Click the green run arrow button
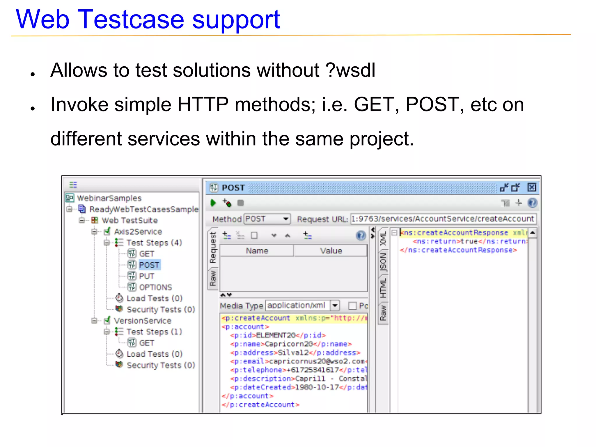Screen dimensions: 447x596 213,203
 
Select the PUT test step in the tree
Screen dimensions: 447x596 146,276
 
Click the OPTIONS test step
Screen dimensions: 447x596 155,287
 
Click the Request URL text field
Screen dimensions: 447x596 443,219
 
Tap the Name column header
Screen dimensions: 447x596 257,251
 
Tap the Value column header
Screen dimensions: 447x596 331,251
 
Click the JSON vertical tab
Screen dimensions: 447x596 383,262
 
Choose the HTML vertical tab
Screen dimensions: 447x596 383,288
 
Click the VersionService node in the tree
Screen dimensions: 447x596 142,321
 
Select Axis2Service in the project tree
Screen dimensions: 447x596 138,232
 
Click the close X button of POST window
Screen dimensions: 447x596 531,187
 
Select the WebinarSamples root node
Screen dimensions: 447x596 109,198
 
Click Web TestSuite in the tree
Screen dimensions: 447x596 130,220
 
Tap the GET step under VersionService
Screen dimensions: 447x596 146,343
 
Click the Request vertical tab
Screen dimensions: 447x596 213,247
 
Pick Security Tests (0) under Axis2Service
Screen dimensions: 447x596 161,309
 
